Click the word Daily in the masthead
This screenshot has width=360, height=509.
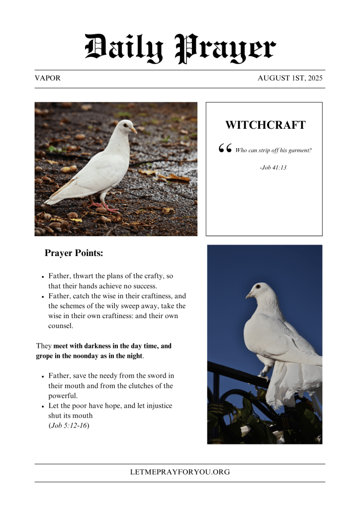click(x=124, y=49)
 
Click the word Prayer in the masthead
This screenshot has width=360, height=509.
click(x=226, y=49)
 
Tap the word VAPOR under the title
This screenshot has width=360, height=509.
click(x=48, y=79)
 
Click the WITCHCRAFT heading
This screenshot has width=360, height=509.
click(x=265, y=125)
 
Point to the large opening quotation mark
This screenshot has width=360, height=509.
click(x=225, y=149)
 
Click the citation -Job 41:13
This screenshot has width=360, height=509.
click(x=273, y=168)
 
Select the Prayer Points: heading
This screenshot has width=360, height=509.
click(x=74, y=253)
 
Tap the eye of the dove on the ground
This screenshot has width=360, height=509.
click(x=125, y=126)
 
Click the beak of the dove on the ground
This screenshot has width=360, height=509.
click(x=134, y=130)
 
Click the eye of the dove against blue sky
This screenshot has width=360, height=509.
click(x=258, y=287)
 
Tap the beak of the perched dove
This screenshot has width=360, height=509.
click(x=249, y=295)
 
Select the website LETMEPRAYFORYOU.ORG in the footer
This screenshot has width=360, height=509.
click(x=180, y=472)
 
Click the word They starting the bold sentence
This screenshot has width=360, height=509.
click(x=44, y=346)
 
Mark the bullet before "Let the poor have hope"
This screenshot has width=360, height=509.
click(x=43, y=407)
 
